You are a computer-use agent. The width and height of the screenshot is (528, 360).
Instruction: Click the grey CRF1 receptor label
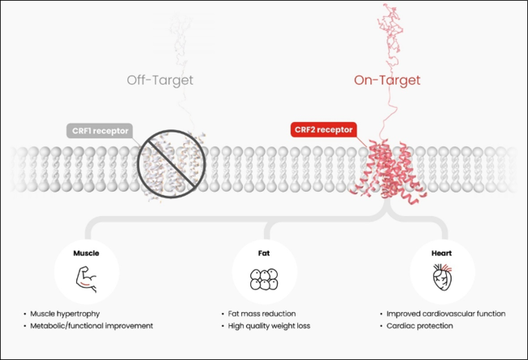[101, 130]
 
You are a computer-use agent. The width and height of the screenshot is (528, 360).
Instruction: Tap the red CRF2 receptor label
[323, 129]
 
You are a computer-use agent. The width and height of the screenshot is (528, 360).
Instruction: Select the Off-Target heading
[160, 80]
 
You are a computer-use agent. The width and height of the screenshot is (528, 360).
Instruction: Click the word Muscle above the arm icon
[86, 253]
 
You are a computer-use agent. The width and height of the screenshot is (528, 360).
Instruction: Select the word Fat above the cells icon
[264, 253]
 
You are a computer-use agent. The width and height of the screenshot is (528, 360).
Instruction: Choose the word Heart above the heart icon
[442, 253]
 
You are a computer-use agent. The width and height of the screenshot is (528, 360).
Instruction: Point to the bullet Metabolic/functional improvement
[91, 325]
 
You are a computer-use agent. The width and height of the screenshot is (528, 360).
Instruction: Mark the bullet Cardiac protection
[417, 325]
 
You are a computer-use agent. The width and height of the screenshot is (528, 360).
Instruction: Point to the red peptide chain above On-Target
[392, 33]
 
